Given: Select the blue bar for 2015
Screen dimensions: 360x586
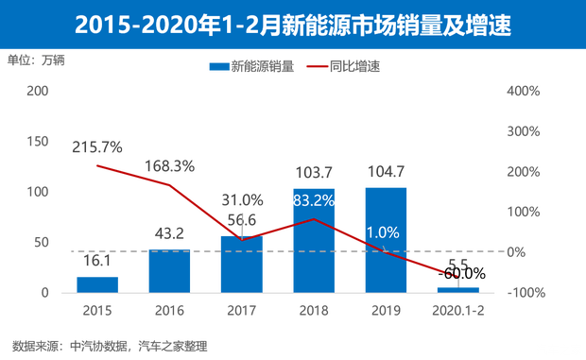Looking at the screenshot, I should (97, 283).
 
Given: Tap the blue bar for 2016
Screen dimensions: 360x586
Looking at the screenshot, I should (169, 268).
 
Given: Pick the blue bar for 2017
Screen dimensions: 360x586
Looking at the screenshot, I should (241, 262).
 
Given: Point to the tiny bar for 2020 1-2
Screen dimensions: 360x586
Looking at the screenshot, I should (457, 287).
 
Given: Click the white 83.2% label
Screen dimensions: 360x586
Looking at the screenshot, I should (313, 200).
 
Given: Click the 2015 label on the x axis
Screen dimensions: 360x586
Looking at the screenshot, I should (97, 308).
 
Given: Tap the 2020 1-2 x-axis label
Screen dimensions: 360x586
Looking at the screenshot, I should (457, 308).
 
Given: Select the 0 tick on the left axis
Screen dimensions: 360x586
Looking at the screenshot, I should (43, 292).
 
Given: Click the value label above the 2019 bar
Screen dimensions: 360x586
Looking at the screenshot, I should (385, 173).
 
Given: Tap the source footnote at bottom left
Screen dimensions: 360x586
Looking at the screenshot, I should (109, 342).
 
